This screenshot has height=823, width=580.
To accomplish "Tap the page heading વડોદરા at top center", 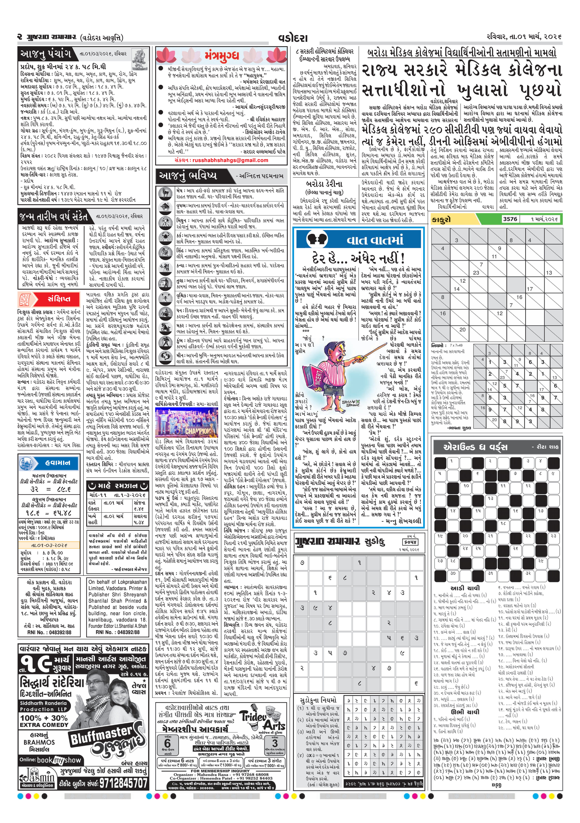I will pos(292,38).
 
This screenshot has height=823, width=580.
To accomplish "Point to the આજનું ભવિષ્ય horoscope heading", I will pos(188,176).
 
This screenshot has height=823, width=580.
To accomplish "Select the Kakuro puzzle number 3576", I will pos(510,219).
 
